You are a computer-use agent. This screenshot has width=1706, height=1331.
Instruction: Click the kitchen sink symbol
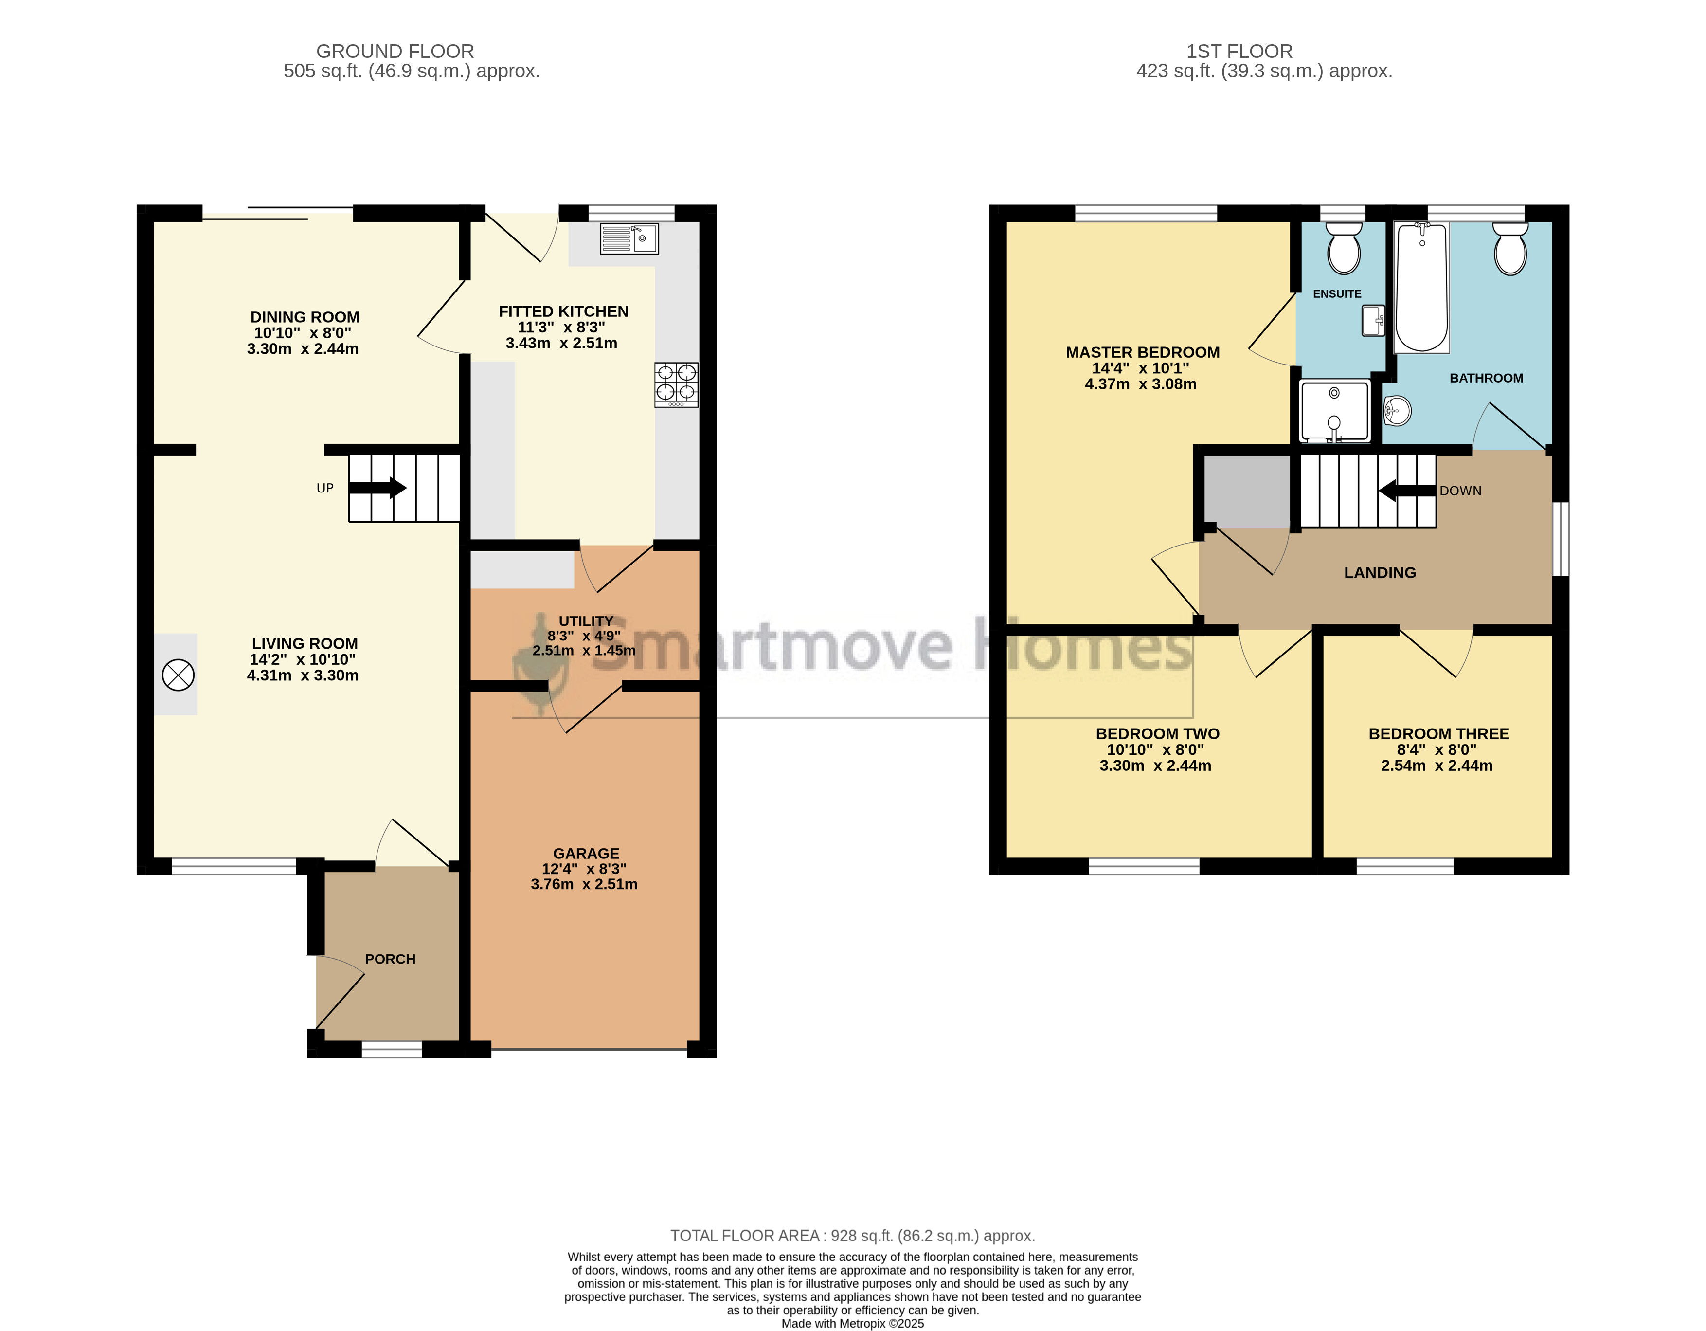pyautogui.click(x=629, y=238)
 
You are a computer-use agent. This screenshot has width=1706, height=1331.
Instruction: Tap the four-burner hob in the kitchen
pyautogui.click(x=677, y=384)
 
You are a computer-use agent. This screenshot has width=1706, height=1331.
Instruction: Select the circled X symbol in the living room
pyautogui.click(x=178, y=675)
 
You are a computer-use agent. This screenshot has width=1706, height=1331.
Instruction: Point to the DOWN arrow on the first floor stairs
pyautogui.click(x=1408, y=491)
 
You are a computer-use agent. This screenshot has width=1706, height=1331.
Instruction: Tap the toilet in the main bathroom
pyautogui.click(x=1510, y=249)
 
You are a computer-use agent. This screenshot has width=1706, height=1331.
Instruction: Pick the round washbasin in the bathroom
pyautogui.click(x=1397, y=410)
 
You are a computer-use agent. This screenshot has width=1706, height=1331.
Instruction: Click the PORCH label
pyautogui.click(x=390, y=959)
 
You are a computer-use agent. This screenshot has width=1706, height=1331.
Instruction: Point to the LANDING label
pyautogui.click(x=1380, y=573)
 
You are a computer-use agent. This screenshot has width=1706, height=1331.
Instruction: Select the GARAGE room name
pyautogui.click(x=586, y=854)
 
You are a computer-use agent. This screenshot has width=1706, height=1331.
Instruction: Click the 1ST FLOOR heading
pyautogui.click(x=1239, y=52)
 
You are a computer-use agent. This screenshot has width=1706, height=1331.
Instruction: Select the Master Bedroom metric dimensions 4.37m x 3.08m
pyautogui.click(x=1140, y=384)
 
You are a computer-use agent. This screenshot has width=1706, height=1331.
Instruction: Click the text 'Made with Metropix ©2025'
pyautogui.click(x=852, y=1323)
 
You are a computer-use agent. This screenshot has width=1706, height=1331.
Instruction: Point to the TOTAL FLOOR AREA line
pyautogui.click(x=852, y=1236)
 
